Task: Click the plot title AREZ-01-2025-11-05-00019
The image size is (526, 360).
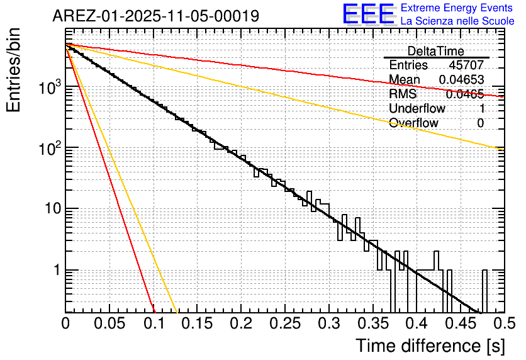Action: coord(155,16)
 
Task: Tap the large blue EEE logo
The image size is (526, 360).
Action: coord(368,15)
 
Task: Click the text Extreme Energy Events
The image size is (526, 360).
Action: coord(457,8)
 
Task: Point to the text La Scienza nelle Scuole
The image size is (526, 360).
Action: coord(457,21)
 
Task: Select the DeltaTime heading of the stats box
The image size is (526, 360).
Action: coord(435,51)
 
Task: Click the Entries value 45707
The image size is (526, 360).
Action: coord(466,65)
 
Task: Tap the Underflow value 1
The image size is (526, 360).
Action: coord(480,108)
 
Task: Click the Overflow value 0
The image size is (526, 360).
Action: coord(480,123)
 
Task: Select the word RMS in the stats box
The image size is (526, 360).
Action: coord(403,94)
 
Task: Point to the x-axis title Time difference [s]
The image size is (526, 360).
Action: coord(429,346)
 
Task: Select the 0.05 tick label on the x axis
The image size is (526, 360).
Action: coord(109,324)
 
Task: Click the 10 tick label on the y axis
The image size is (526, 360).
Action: coord(51,208)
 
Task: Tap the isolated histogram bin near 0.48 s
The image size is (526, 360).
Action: coord(484,291)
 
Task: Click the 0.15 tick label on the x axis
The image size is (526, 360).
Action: coord(197,324)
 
